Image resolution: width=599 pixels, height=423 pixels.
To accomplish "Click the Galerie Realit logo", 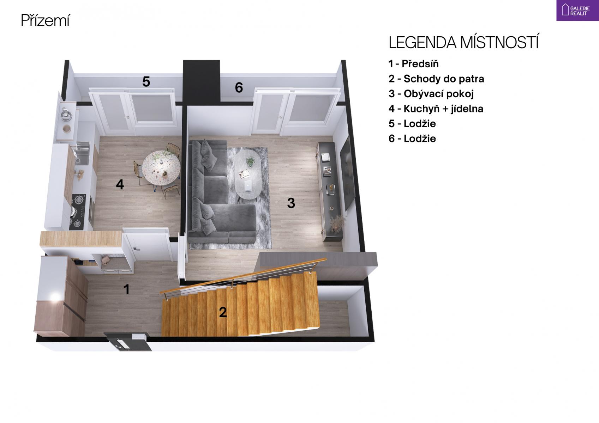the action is pyautogui.click(x=577, y=10).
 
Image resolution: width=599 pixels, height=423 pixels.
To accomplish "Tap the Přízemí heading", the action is pyautogui.click(x=46, y=20).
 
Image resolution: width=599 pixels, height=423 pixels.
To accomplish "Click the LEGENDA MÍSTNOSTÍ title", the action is pyautogui.click(x=463, y=42).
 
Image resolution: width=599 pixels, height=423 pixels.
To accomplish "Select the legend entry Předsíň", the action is pyautogui.click(x=413, y=64).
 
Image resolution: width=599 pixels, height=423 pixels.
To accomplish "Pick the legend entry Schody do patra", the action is pyautogui.click(x=436, y=79).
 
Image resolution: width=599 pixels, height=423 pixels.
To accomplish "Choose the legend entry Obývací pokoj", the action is pyautogui.click(x=431, y=94).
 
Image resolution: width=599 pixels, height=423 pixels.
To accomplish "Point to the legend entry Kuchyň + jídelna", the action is pyautogui.click(x=436, y=109).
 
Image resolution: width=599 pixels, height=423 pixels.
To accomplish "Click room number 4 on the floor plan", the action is pyautogui.click(x=120, y=184).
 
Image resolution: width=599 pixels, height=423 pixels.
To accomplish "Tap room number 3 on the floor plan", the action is pyautogui.click(x=291, y=203).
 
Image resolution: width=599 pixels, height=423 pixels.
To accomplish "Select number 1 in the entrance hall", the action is pyautogui.click(x=126, y=289).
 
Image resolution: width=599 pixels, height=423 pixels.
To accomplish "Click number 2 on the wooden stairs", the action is pyautogui.click(x=223, y=312).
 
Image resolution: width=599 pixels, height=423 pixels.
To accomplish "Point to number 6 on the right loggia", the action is pyautogui.click(x=239, y=87).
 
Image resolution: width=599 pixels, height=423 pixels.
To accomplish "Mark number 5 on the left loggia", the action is pyautogui.click(x=146, y=81).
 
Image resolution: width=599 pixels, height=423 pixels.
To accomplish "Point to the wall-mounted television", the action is pyautogui.click(x=348, y=173).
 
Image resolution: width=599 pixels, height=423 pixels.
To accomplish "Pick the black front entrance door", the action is pyautogui.click(x=127, y=342).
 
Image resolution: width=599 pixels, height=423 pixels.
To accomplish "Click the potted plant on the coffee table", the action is pyautogui.click(x=251, y=161).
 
